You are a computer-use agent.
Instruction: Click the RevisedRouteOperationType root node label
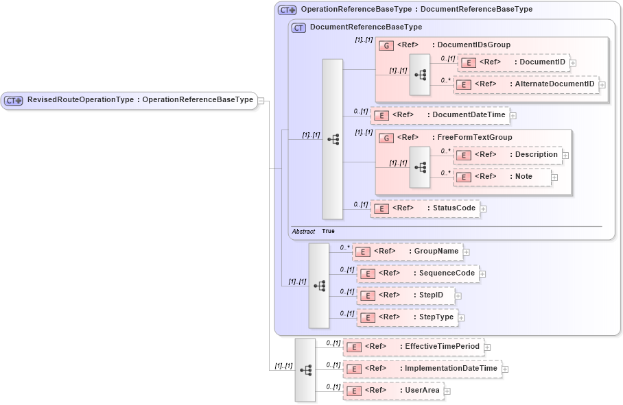click(x=130, y=100)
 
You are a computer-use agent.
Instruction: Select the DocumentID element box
click(x=513, y=62)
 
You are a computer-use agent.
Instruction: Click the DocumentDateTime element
click(x=440, y=115)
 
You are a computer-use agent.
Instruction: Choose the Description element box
click(x=508, y=155)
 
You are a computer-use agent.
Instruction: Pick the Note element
click(x=502, y=177)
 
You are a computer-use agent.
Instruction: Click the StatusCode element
click(x=425, y=208)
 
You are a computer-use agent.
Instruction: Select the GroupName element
click(x=408, y=251)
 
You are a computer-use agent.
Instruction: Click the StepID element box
click(x=405, y=295)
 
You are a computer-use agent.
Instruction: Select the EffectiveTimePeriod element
click(x=413, y=347)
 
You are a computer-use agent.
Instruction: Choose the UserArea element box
click(x=393, y=391)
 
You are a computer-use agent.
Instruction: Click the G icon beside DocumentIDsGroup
click(x=386, y=45)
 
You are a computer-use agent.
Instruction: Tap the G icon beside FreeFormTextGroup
click(x=386, y=138)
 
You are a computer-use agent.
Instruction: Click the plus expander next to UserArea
click(x=447, y=391)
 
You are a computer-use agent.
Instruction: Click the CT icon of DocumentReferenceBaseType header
click(x=298, y=27)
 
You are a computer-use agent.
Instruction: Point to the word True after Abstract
click(x=328, y=232)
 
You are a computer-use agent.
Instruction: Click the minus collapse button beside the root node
click(x=261, y=101)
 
